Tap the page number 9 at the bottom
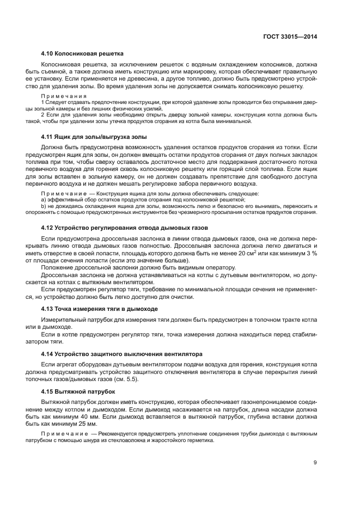coord(315,463)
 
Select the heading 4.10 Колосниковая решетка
coord(82,53)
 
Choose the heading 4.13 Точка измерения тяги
coord(100,309)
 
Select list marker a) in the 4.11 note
coord(44,200)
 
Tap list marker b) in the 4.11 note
coord(44,206)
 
